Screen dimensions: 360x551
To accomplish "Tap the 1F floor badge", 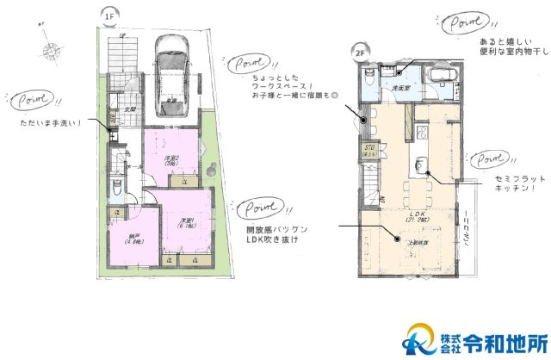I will click(x=109, y=16).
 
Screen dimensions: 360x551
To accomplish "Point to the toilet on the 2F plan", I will click(x=369, y=78).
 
